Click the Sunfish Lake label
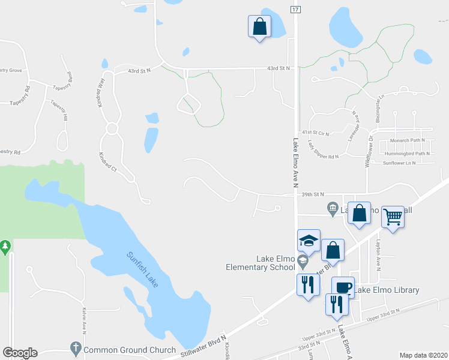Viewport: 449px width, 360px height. tap(143, 269)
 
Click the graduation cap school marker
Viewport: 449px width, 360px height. tap(309, 241)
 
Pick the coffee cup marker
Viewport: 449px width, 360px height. tap(343, 287)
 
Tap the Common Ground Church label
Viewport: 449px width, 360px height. tap(130, 350)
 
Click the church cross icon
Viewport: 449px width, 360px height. tap(76, 348)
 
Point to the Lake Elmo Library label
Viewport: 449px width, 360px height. tap(387, 290)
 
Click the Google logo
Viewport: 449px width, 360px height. tap(20, 353)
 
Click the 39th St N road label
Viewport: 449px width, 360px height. tap(313, 194)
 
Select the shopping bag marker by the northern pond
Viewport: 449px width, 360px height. tap(259, 26)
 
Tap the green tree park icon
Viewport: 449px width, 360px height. tap(5, 246)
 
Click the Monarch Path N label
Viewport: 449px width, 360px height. tap(408, 140)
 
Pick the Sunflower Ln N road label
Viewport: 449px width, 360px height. tap(399, 163)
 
